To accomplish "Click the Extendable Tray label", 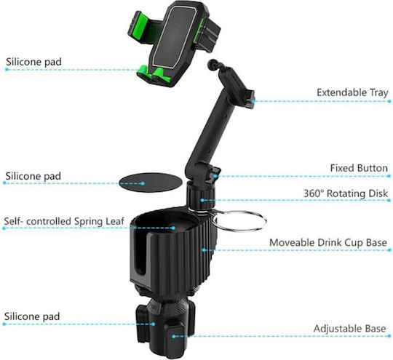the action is [x=352, y=92].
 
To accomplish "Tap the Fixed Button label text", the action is [x=359, y=168].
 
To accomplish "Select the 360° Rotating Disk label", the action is [x=346, y=193].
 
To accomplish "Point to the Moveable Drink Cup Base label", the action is [x=328, y=242].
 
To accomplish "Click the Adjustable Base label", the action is [x=349, y=329].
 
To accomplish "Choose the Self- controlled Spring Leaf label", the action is [x=64, y=221].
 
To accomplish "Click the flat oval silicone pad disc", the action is [x=150, y=183].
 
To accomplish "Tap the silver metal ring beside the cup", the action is [x=239, y=220].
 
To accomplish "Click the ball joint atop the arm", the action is [x=213, y=65].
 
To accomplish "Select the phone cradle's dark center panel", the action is [x=175, y=37].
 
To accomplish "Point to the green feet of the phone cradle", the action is [x=154, y=73].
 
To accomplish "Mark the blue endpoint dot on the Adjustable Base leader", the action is [x=389, y=336].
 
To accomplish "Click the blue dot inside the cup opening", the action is [x=173, y=228].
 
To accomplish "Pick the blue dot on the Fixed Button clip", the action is [x=215, y=176].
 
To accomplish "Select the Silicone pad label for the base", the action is [x=32, y=316].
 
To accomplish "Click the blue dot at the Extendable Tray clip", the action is [x=253, y=101].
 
